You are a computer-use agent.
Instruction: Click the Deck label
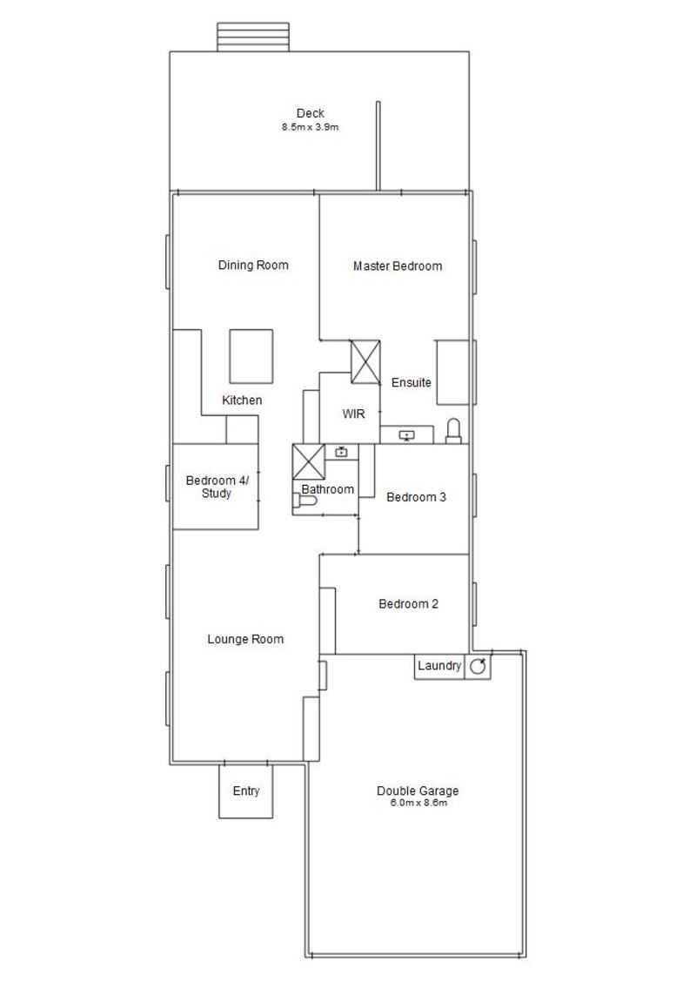311,113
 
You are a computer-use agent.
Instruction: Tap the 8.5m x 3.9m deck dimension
311,127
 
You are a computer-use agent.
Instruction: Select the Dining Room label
253,265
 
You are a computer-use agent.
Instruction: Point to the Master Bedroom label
398,266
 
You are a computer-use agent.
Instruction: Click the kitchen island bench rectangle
251,356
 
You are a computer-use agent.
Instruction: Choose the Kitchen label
242,400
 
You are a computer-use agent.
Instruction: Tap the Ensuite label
411,382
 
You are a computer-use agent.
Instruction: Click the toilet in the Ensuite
453,432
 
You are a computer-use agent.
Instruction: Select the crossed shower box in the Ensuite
365,361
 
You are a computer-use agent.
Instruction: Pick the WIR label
354,414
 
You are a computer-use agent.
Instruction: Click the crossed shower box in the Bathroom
308,461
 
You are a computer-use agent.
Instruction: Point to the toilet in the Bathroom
304,501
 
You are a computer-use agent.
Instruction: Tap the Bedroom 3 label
416,497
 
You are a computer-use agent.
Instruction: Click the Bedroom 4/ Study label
217,487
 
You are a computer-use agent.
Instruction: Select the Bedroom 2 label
409,603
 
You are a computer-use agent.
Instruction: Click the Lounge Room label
245,639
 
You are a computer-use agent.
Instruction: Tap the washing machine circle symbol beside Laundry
478,666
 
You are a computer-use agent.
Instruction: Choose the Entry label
246,791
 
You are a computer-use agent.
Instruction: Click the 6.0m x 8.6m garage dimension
418,803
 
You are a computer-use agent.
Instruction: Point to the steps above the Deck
253,37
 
